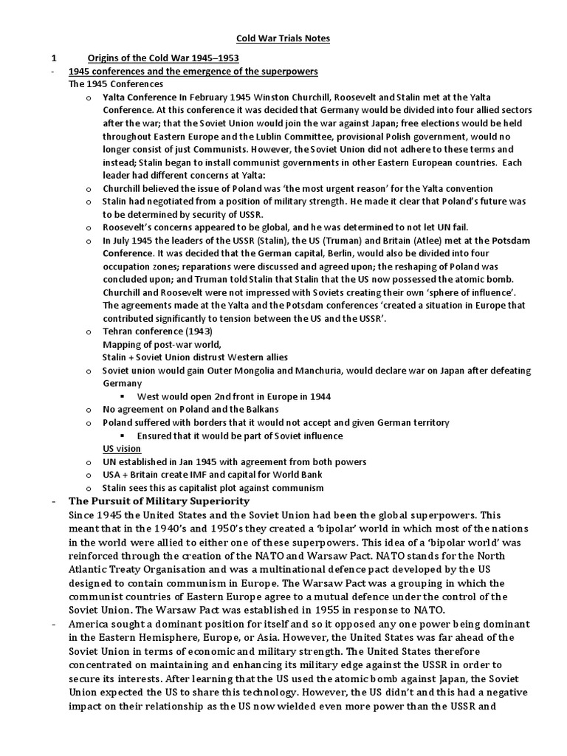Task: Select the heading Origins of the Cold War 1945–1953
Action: coord(163,58)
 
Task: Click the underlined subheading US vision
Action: coord(122,448)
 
